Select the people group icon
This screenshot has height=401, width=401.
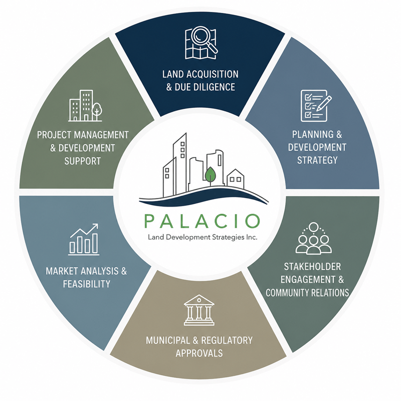pyautogui.click(x=314, y=238)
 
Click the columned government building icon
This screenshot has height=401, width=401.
pyautogui.click(x=199, y=310)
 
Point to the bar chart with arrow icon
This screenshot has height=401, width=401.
pyautogui.click(x=84, y=240)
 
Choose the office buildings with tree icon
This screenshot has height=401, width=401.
pyautogui.click(x=85, y=105)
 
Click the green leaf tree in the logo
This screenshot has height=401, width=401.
pyautogui.click(x=210, y=174)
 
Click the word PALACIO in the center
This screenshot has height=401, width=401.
pyautogui.click(x=202, y=221)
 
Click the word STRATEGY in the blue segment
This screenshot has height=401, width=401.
pyautogui.click(x=317, y=160)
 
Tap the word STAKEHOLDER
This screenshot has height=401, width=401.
pyautogui.click(x=312, y=267)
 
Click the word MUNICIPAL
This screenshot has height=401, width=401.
pyautogui.click(x=168, y=340)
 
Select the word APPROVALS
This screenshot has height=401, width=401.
pyautogui.click(x=199, y=353)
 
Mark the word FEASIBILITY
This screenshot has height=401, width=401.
pyautogui.click(x=87, y=284)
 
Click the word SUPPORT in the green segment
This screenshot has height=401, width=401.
pyautogui.click(x=82, y=161)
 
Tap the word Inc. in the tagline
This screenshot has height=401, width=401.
pyautogui.click(x=252, y=237)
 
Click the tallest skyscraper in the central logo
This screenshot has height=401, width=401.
pyautogui.click(x=179, y=164)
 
